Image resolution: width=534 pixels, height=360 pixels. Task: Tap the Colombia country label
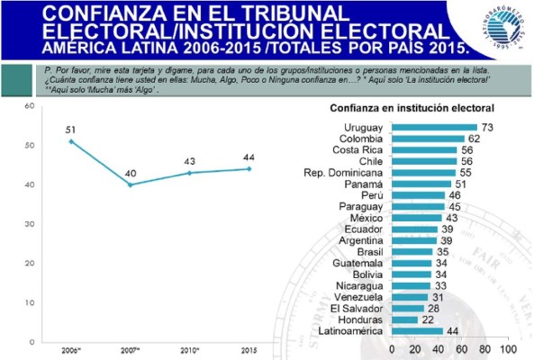tap(361, 139)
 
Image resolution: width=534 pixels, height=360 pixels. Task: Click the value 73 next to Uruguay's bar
tap(486, 127)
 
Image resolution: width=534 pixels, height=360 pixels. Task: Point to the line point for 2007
tap(130, 184)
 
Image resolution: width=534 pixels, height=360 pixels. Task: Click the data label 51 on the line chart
tap(71, 130)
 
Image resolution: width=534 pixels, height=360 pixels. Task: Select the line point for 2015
tap(249, 168)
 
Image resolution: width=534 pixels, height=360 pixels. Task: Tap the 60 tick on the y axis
tap(29, 106)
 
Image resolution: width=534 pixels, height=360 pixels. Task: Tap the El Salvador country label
tap(358, 309)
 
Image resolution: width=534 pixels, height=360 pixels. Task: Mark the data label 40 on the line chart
tap(130, 173)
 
